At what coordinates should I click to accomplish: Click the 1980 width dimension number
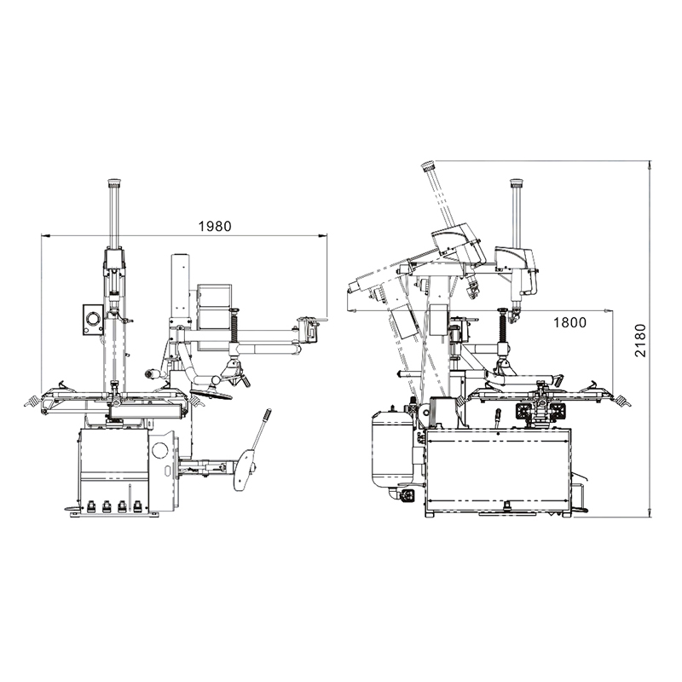point(215,226)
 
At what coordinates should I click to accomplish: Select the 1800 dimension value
point(569,322)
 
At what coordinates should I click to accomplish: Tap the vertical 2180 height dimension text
point(640,340)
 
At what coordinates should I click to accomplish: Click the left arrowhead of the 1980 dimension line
point(46,236)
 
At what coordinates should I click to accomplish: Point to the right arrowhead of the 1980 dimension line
point(322,236)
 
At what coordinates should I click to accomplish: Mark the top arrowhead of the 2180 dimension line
point(650,165)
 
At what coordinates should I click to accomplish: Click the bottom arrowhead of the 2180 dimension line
point(650,512)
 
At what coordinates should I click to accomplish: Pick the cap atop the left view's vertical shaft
point(114,182)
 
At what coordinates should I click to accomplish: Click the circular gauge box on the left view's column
point(93,320)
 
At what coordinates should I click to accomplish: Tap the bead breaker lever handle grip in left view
point(267,415)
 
